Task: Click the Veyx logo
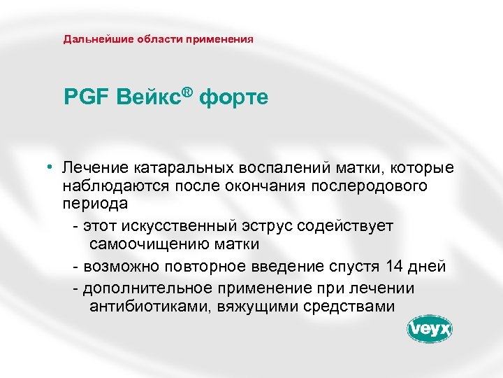(430, 329)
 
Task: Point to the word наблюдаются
(108, 186)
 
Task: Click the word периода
(94, 204)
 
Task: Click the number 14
(392, 267)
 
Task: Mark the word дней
(428, 267)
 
